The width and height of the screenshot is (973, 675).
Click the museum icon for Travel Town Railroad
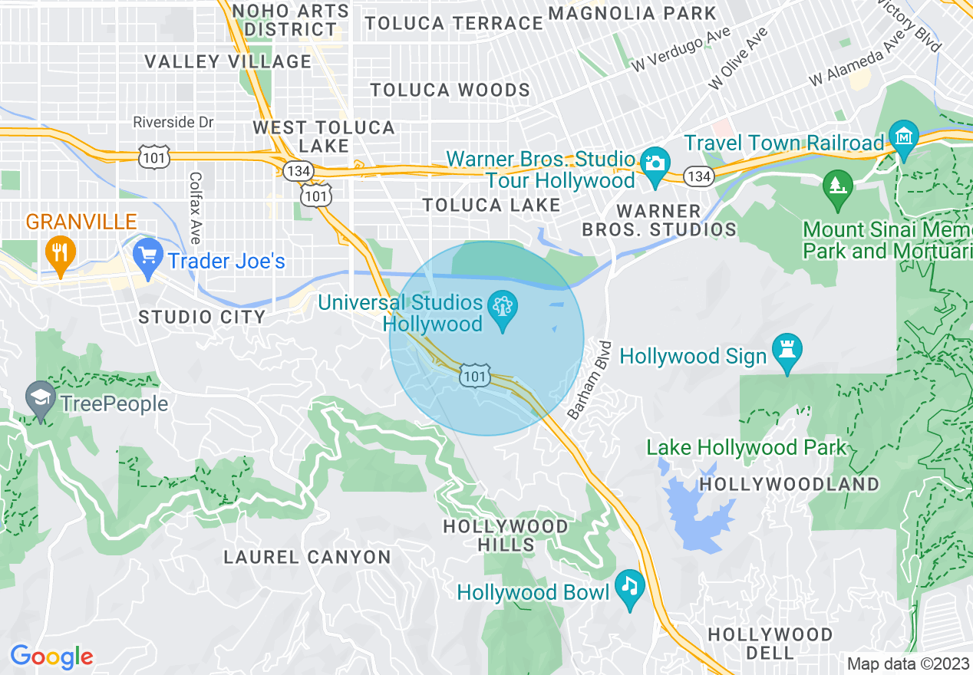point(903,138)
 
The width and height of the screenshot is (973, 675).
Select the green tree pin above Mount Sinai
point(837,188)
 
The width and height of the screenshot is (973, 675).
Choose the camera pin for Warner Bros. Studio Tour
point(655,166)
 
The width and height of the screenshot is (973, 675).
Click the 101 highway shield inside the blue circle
point(475,375)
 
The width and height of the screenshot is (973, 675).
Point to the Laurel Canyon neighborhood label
point(307,557)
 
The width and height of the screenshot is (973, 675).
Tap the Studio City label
point(202,316)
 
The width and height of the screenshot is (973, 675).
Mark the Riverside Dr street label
point(173,122)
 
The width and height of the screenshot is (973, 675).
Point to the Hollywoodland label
point(790,484)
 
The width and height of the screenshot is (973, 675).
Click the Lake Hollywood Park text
point(747,447)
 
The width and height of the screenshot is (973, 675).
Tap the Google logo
point(51,657)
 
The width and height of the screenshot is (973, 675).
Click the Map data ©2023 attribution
point(908,663)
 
